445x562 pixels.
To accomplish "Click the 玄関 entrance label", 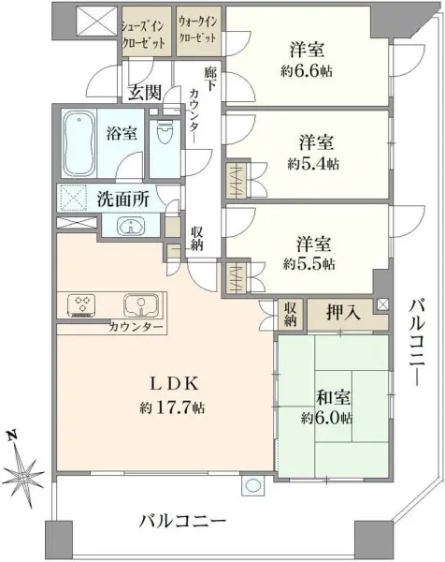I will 145,92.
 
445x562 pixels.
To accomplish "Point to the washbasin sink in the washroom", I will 131,225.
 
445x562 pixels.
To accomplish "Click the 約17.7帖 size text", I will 173,408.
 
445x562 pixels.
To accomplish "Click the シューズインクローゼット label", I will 144,32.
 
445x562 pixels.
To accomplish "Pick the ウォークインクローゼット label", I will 197,32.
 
